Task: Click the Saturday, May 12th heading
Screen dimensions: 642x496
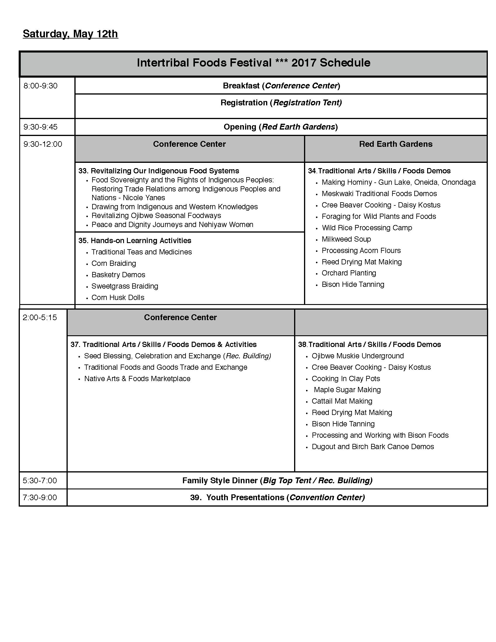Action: [x=70, y=34]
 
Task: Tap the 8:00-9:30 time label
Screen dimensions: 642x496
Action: [x=41, y=86]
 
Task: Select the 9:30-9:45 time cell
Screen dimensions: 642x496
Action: [x=41, y=127]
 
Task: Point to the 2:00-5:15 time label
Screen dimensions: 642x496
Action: [x=40, y=317]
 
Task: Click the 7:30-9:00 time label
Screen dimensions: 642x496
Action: [x=40, y=497]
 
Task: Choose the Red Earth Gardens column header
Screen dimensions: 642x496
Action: [x=396, y=144]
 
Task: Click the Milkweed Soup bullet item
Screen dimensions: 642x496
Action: [x=346, y=239]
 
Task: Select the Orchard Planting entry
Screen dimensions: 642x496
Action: [x=349, y=273]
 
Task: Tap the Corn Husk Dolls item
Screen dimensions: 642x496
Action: [x=118, y=297]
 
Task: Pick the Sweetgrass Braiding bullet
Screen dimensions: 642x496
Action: [x=125, y=286]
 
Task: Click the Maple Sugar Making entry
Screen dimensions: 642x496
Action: [x=347, y=390]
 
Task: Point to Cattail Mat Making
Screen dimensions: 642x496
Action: [x=342, y=401]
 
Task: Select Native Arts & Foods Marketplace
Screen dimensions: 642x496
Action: [x=137, y=378]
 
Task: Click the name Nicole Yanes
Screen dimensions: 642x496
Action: [x=144, y=198]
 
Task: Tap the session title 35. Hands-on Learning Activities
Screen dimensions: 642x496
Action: [x=135, y=240]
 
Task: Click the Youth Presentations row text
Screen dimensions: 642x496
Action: [x=277, y=497]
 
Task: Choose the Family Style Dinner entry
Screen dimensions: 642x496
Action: [x=277, y=480]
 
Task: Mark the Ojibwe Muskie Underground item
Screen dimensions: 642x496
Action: [x=358, y=356]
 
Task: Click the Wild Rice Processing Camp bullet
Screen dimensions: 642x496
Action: [x=367, y=228]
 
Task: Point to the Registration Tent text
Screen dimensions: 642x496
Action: [x=307, y=103]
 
